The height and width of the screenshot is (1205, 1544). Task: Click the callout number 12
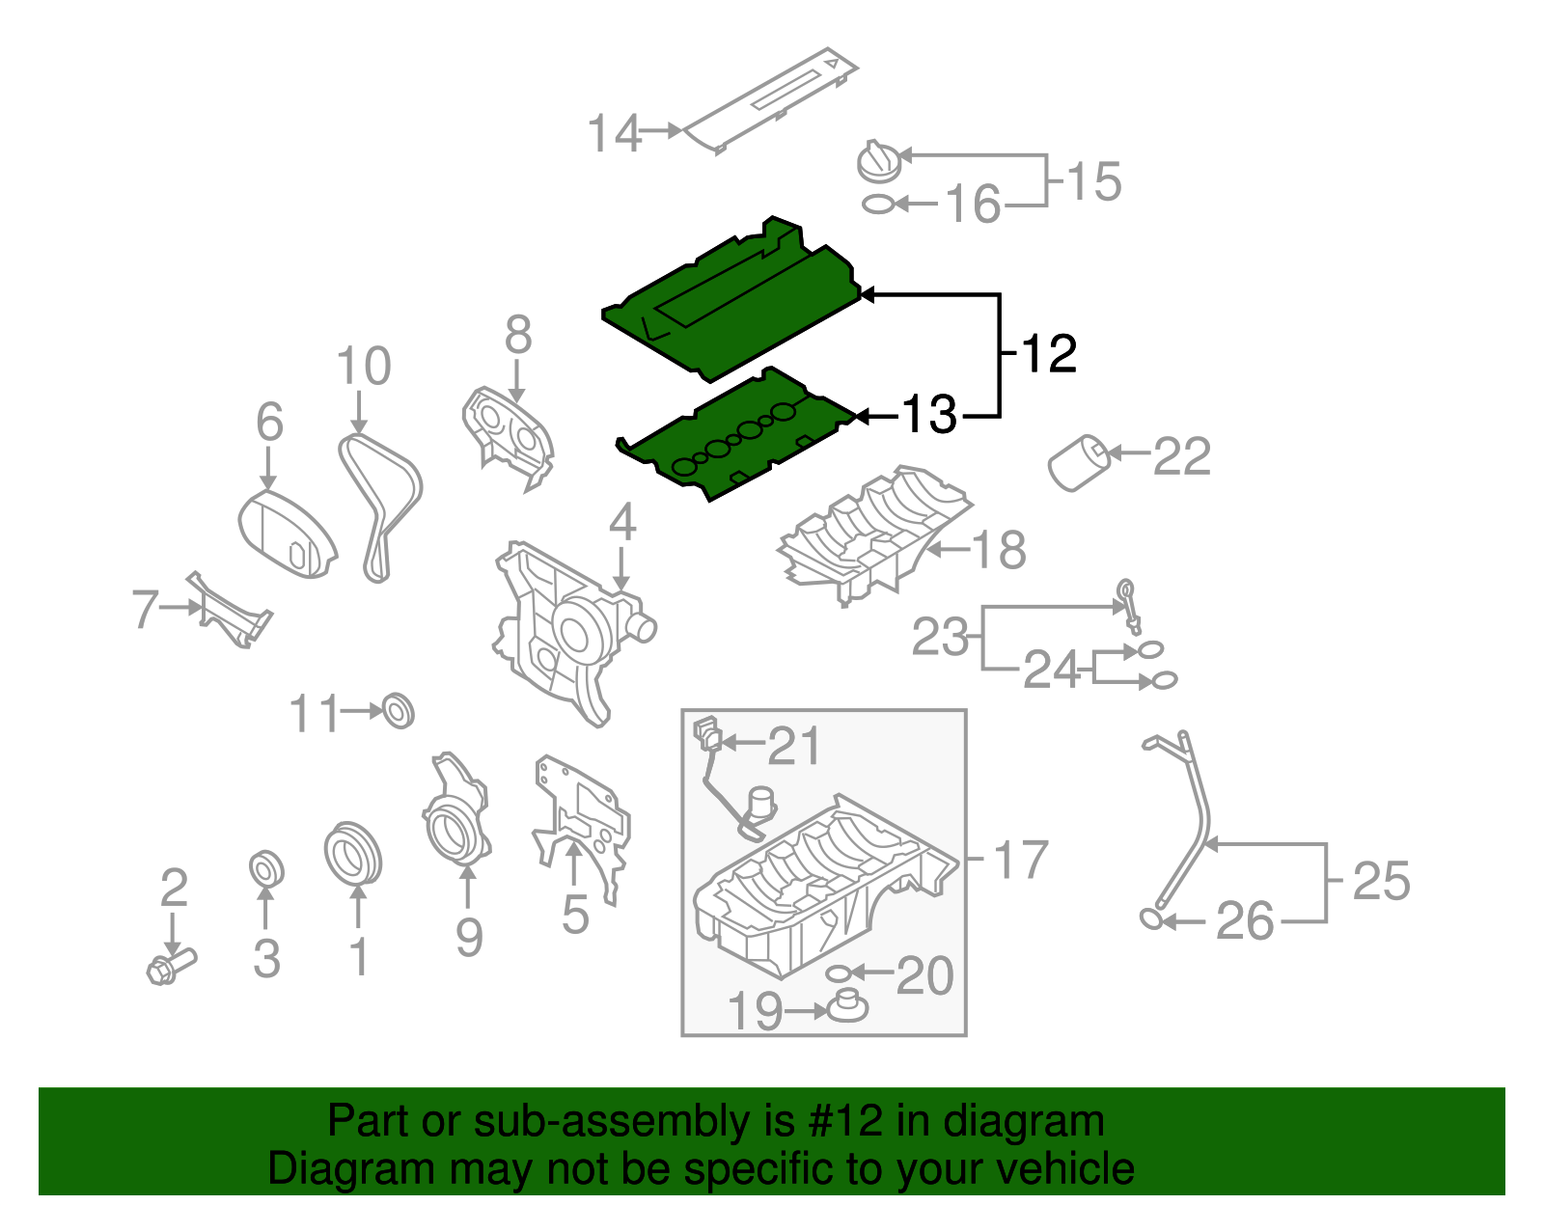point(1048,354)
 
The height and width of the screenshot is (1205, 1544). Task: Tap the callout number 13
point(928,415)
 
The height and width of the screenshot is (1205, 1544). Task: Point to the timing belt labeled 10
point(379,507)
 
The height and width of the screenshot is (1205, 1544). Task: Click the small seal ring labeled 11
point(399,710)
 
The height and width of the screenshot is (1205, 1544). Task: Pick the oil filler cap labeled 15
point(878,162)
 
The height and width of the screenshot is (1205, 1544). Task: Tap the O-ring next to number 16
point(877,205)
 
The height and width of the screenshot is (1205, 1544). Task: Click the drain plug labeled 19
point(847,1007)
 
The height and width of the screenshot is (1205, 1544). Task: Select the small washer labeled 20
point(838,972)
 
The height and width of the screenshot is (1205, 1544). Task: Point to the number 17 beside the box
point(1020,860)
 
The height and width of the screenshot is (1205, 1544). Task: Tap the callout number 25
point(1381,881)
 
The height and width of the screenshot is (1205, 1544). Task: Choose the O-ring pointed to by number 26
point(1151,917)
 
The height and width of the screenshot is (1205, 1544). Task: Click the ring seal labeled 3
point(265,868)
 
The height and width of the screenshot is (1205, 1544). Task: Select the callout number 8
point(518,335)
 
